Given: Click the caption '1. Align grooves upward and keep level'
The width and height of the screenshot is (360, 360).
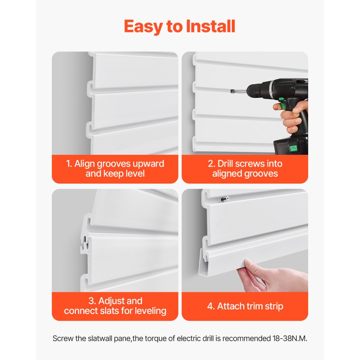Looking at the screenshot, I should pos(115,168).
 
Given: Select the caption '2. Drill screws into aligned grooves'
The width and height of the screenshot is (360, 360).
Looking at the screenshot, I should pos(245,168).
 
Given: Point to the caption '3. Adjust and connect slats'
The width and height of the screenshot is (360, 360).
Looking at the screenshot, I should pos(115,306).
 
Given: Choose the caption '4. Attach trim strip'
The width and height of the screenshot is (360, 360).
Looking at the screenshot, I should pos(245,306).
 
